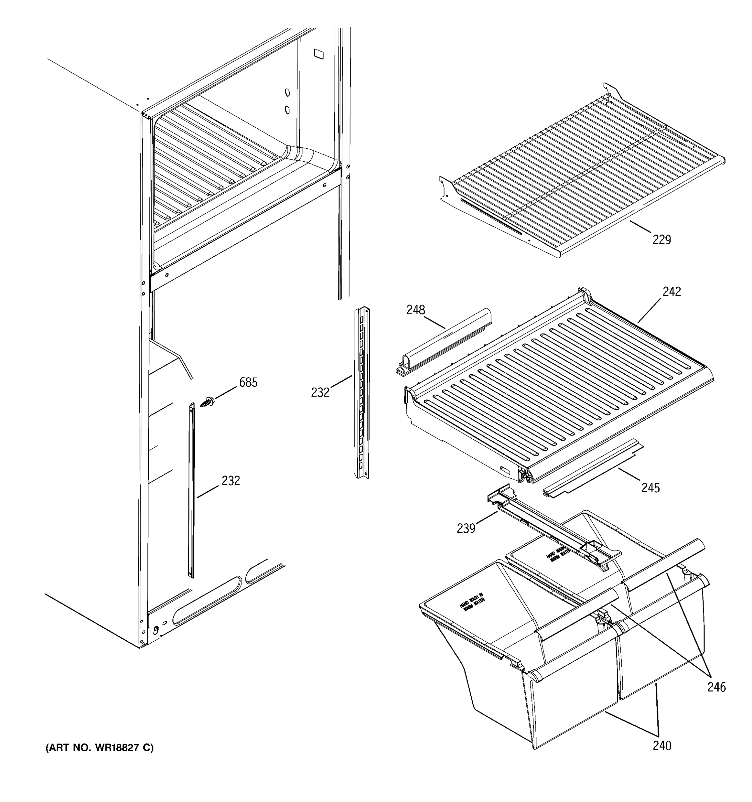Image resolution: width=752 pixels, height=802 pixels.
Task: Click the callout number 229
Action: (x=662, y=240)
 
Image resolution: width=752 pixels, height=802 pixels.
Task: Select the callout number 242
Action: (x=671, y=291)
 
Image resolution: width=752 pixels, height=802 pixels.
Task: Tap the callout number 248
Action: (x=415, y=310)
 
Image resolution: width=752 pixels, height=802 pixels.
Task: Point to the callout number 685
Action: (x=248, y=382)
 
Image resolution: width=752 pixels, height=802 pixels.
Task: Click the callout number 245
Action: (x=650, y=488)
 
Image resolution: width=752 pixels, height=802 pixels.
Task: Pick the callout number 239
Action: (x=466, y=528)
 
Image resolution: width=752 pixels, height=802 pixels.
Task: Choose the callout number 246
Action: (x=716, y=687)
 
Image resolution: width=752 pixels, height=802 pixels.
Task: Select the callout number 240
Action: (x=662, y=746)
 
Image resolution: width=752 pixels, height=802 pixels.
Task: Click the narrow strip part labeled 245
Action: (x=593, y=468)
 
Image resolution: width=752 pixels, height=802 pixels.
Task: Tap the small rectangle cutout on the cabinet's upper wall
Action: (x=319, y=54)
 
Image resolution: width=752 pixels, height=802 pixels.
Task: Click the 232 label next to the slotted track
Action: (x=320, y=392)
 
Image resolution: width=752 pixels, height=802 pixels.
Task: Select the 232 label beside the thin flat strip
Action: (x=231, y=481)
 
